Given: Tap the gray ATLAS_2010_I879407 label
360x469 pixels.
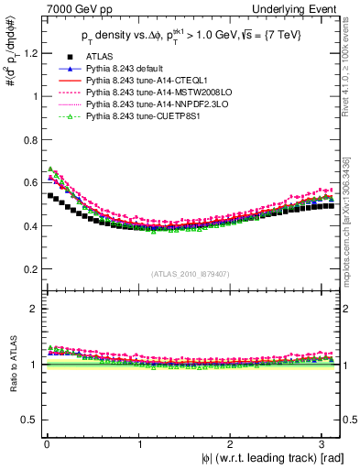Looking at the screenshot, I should click(x=191, y=273).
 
